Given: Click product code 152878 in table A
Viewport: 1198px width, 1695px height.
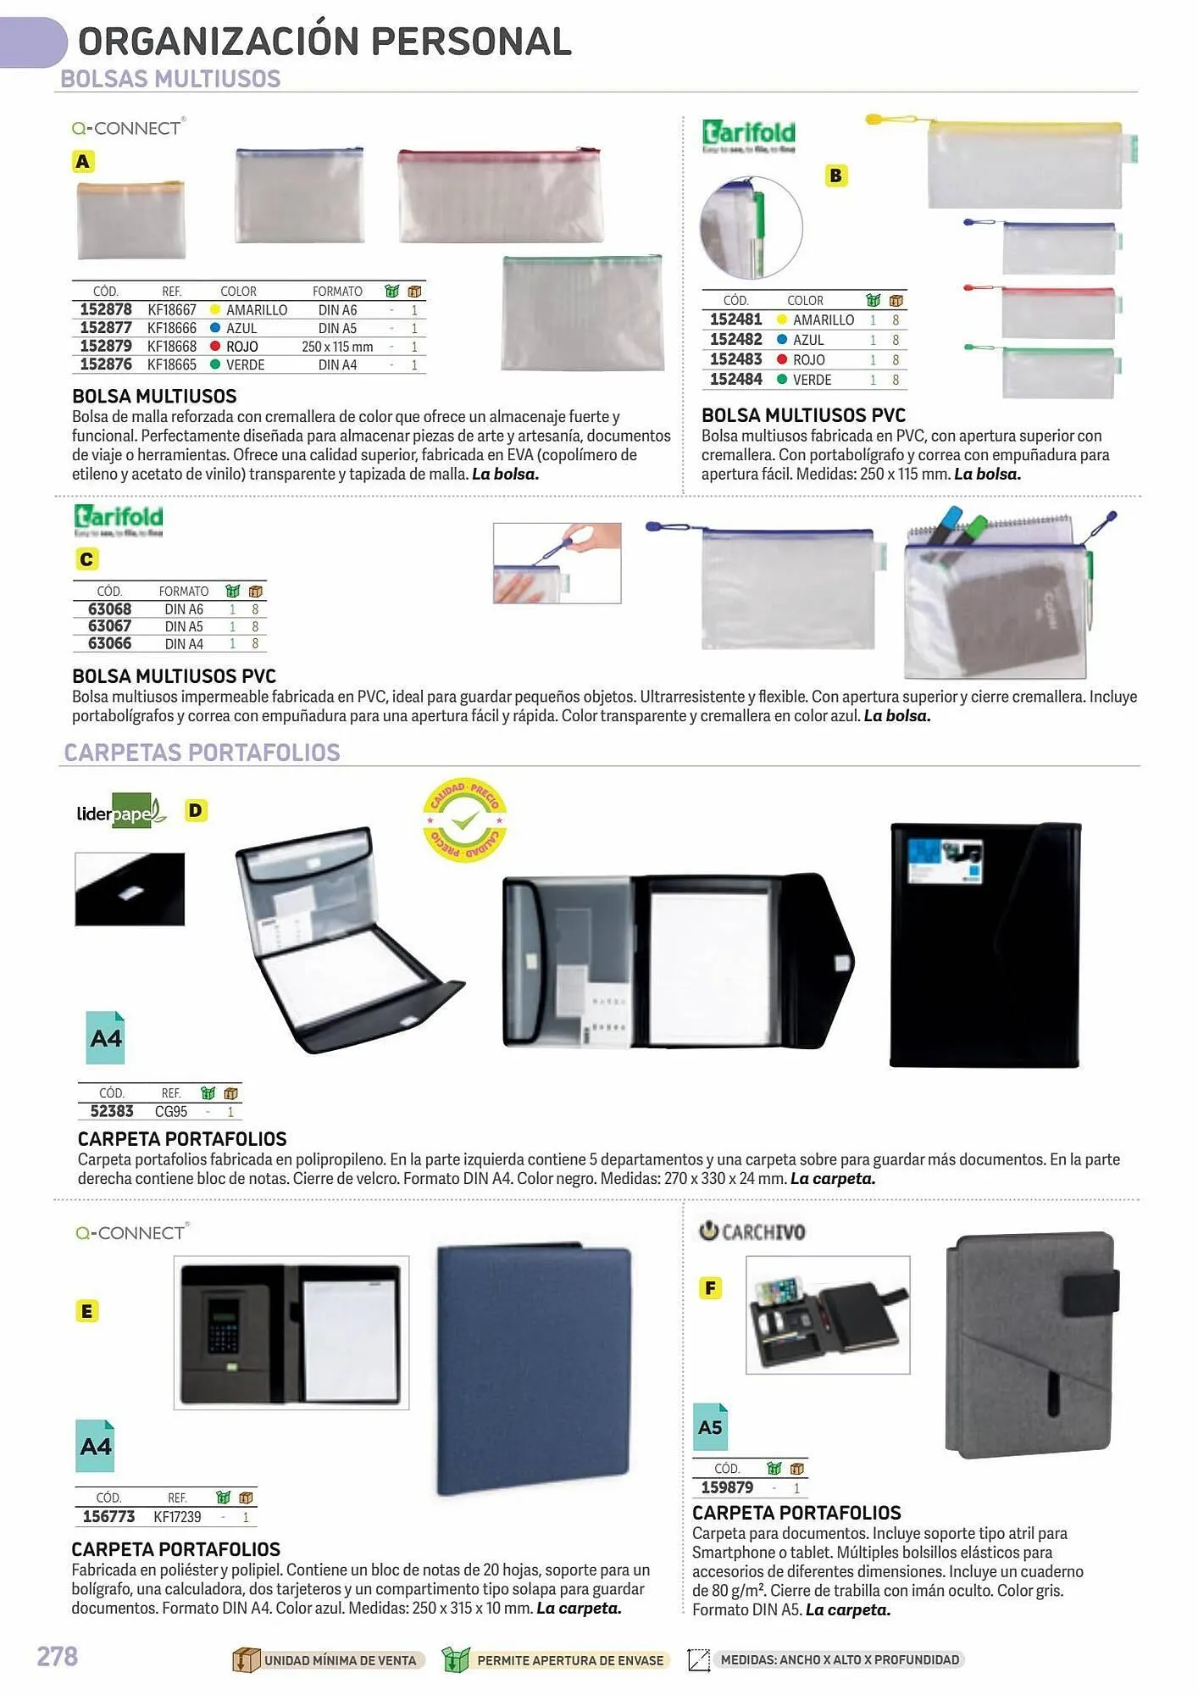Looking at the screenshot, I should tap(106, 310).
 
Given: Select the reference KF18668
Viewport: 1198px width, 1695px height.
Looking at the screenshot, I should tap(172, 347).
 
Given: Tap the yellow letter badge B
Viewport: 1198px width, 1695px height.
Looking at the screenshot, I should tap(835, 175).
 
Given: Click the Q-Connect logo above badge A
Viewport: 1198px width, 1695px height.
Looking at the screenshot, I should tap(128, 128).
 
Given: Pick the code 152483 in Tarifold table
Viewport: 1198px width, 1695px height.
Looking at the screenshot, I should tap(735, 359).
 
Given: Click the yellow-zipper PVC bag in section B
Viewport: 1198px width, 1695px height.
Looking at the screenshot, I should tap(1024, 164).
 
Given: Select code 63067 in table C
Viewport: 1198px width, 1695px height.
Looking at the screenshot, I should tap(110, 626).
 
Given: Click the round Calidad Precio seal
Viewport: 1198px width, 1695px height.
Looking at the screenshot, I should tap(464, 820).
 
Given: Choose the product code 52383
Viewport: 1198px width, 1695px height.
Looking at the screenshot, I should tap(112, 1111).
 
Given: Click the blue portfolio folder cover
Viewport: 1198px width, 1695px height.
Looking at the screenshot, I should tap(534, 1370).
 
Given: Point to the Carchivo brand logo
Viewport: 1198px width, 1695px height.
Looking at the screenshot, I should tap(752, 1231).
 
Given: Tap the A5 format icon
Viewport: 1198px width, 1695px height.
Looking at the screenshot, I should tap(710, 1427).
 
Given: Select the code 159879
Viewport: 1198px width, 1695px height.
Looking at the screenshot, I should tap(727, 1487).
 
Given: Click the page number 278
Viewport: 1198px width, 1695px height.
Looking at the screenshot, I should tap(57, 1656).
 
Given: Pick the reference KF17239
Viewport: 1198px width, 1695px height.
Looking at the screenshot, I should tap(177, 1517).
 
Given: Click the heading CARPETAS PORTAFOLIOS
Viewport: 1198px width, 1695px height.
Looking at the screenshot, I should tap(202, 753).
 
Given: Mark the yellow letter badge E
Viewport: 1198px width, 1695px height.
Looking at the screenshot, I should tap(86, 1311).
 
